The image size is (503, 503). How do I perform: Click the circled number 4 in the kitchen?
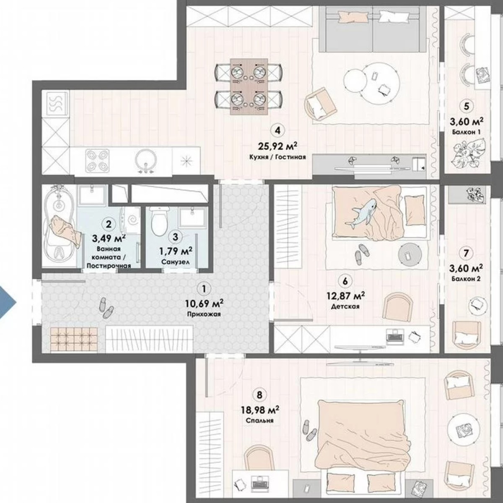(276, 130)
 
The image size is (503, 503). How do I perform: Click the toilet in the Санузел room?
(159, 222)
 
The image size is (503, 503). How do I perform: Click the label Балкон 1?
(466, 132)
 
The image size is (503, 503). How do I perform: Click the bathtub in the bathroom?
(59, 226)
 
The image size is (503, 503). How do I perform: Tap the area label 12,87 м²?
(345, 296)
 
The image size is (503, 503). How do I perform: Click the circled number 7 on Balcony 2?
(466, 253)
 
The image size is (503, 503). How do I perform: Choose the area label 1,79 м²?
(175, 251)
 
